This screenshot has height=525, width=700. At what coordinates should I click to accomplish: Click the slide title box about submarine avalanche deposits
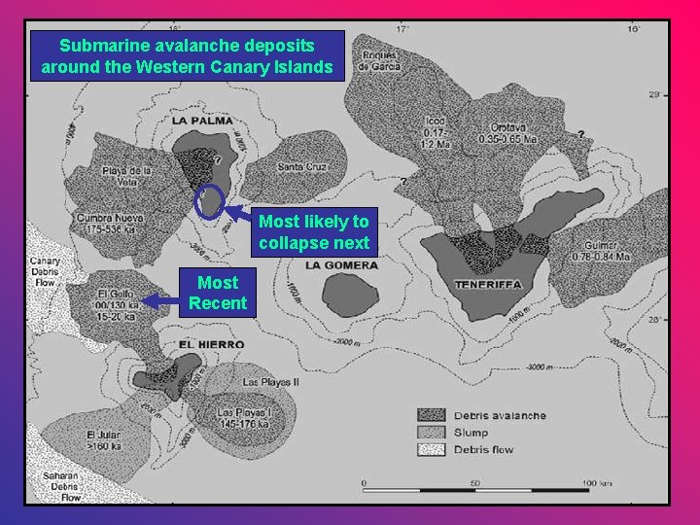point(188,56)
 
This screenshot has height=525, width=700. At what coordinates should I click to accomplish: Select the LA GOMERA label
point(340,264)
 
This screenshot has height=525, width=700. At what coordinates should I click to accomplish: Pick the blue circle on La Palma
point(209,202)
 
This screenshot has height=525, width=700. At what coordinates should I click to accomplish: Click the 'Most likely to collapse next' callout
point(313,232)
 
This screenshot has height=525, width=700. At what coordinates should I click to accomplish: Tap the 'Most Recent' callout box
point(217,294)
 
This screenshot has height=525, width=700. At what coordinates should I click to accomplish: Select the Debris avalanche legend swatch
point(433,415)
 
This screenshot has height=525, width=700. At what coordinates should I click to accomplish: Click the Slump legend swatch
point(433,432)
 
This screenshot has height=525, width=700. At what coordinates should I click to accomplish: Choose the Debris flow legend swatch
point(433,449)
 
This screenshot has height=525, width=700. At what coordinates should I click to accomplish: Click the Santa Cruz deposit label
point(302,166)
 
